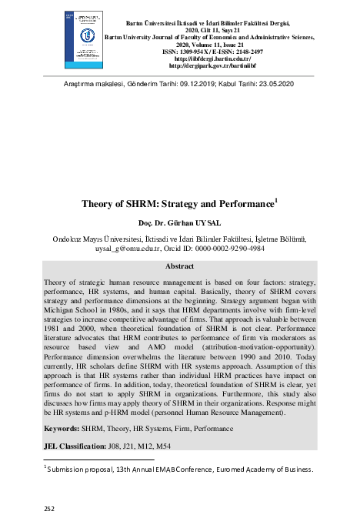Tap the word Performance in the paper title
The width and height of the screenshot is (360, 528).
coord(244,206)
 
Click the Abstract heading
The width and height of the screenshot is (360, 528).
coord(179,266)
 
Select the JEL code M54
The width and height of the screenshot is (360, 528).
coord(177,446)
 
